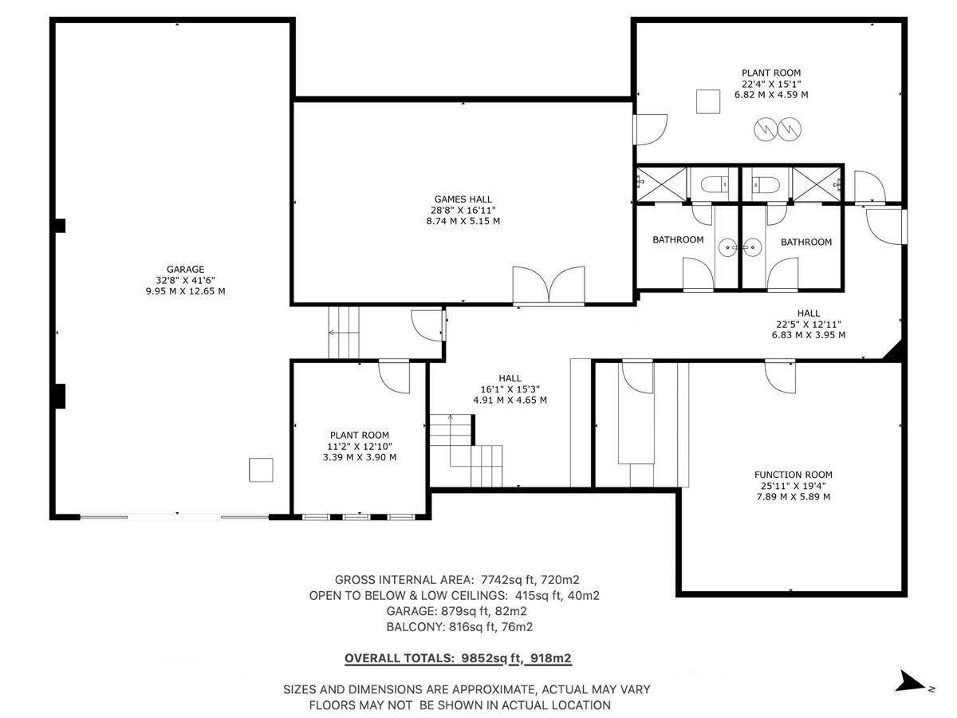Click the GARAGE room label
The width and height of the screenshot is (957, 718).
[185, 270]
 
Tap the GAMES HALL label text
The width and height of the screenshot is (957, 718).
[463, 199]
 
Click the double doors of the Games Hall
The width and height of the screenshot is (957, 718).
[549, 286]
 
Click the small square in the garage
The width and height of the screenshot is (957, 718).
[261, 470]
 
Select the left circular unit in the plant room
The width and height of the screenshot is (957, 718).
[765, 128]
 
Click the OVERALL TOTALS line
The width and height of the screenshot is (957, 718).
[458, 658]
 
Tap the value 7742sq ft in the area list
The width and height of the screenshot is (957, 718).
[500, 580]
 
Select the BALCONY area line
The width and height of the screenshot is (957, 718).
[459, 627]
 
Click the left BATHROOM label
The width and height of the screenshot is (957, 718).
[678, 240]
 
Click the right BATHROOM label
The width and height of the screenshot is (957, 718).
[805, 242]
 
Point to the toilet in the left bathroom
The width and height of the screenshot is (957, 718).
[714, 185]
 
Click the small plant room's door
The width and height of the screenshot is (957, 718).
[393, 376]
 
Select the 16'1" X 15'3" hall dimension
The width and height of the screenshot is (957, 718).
[510, 389]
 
